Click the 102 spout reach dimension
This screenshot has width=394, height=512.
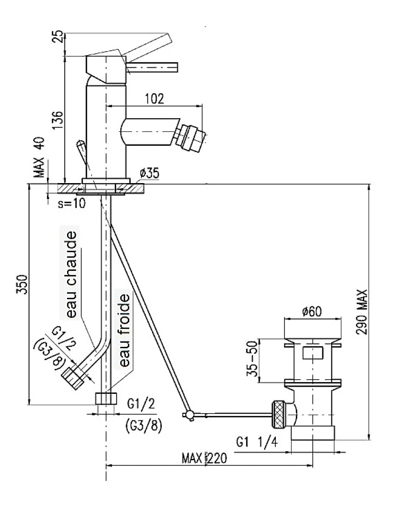point(154,99)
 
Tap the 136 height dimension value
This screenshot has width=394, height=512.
point(58,120)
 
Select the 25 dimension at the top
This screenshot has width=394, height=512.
point(58,36)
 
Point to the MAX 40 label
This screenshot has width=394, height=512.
point(39,157)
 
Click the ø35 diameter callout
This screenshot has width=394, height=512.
point(149,173)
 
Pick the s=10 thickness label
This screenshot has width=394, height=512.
point(72,203)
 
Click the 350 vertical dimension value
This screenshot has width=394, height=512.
point(22,284)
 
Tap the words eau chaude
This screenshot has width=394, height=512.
point(72,275)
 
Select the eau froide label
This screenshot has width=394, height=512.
point(124,330)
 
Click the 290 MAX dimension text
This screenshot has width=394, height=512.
point(362,311)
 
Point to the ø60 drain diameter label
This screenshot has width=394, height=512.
point(312,311)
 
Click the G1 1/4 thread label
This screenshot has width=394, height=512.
point(257,442)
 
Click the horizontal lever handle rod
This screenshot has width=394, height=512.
point(152,67)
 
